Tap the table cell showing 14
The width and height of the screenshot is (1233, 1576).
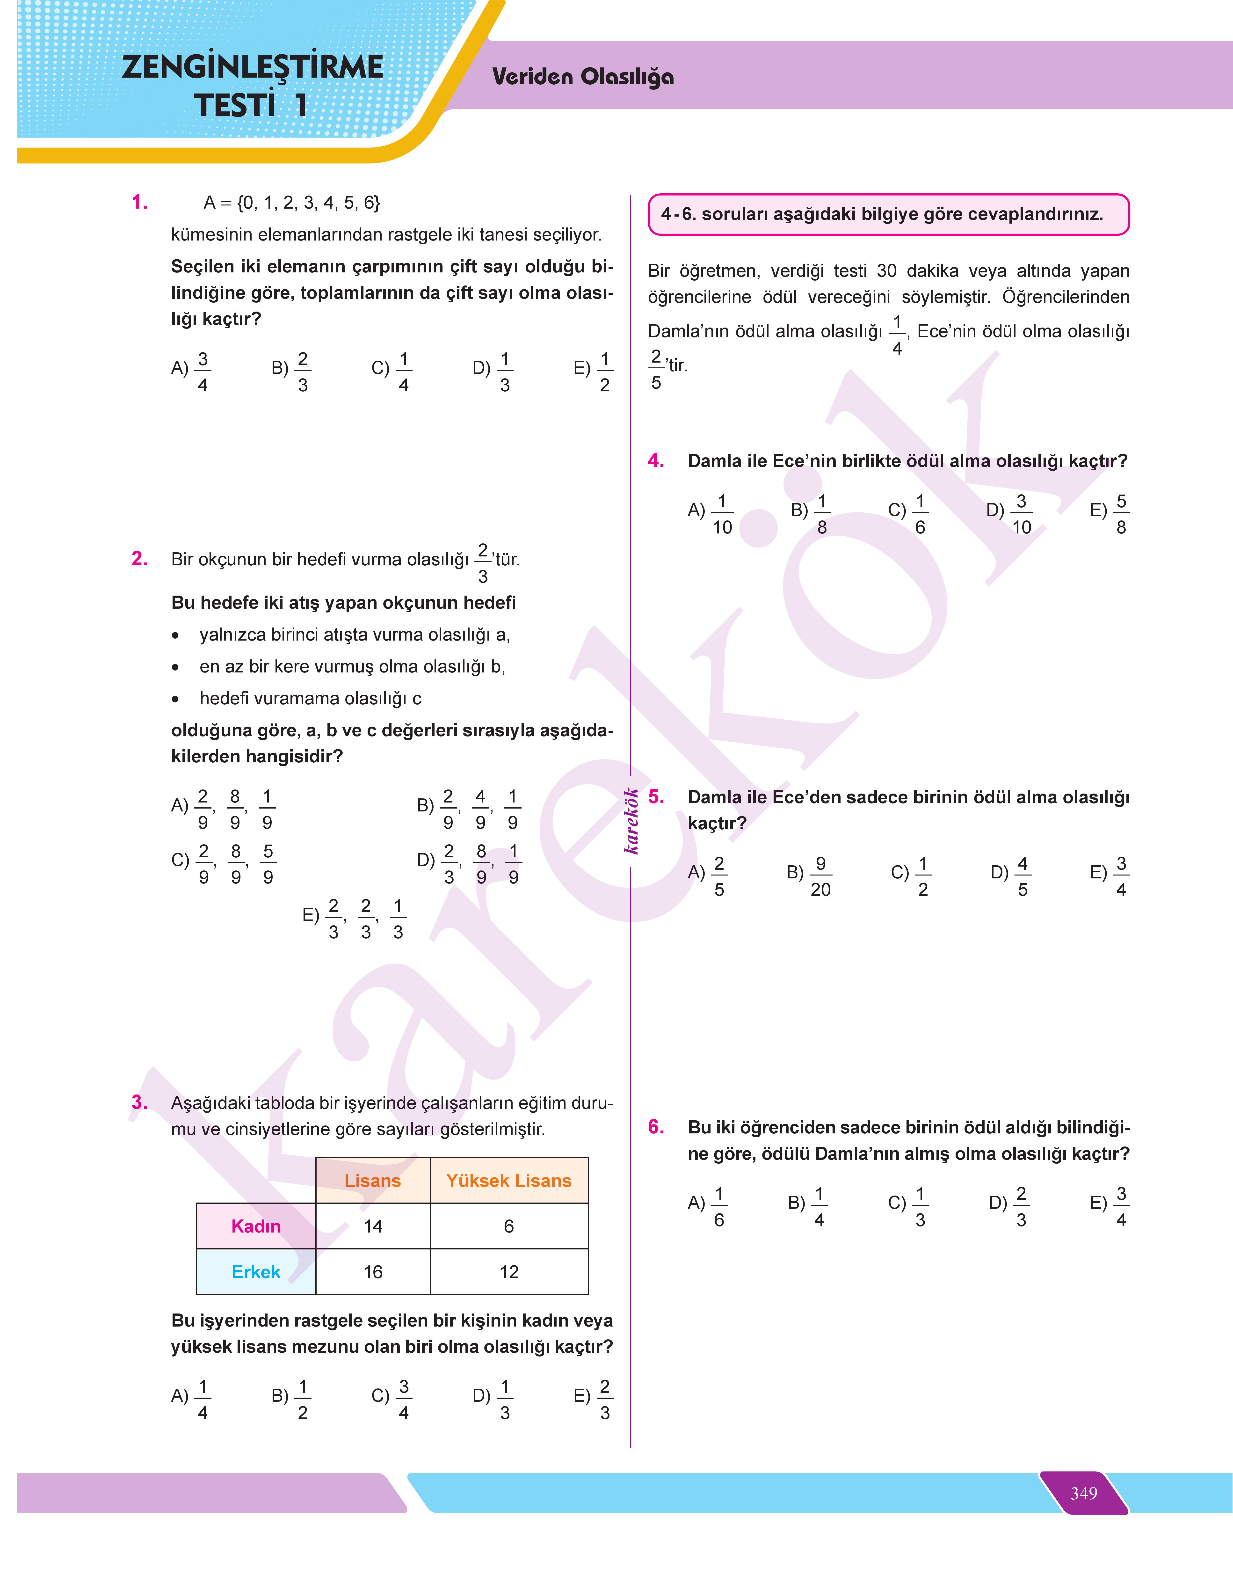coord(372,1226)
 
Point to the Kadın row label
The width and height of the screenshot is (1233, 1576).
coord(255,1226)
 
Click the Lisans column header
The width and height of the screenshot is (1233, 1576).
coord(372,1180)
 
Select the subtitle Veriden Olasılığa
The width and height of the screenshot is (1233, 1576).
coord(583,77)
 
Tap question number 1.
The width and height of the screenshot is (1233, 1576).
coord(139,202)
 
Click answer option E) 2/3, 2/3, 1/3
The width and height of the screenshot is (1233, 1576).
coord(354,918)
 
